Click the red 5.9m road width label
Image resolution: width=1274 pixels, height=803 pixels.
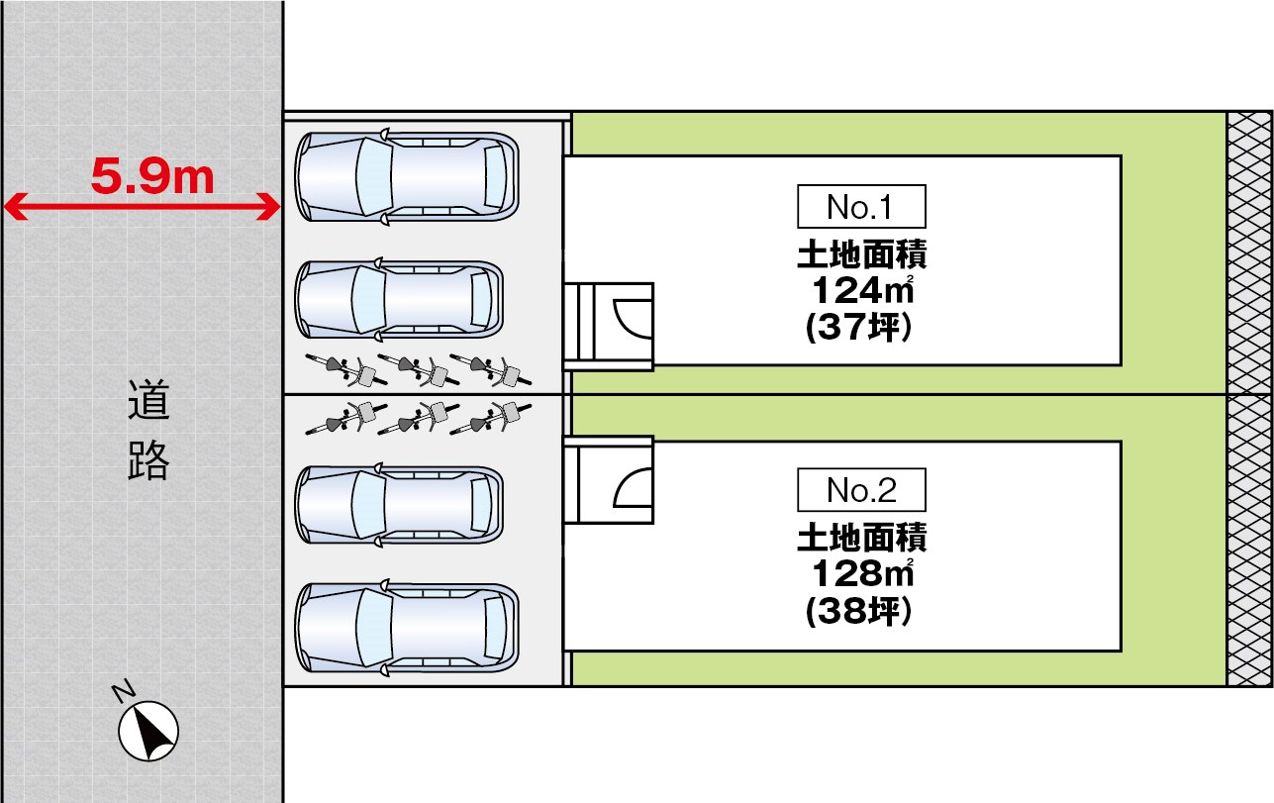tap(152, 176)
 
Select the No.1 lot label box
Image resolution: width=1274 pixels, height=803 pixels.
tap(861, 207)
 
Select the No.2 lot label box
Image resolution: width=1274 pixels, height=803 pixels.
tap(861, 490)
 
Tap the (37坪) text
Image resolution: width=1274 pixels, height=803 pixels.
tap(858, 328)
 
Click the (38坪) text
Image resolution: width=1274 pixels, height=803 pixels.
tap(858, 612)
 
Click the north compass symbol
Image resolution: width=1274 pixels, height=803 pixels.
tap(148, 732)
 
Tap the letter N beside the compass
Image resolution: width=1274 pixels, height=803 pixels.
tap(124, 691)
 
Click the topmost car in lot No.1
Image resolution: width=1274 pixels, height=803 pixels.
tap(407, 176)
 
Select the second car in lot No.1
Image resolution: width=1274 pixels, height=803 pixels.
tap(400, 300)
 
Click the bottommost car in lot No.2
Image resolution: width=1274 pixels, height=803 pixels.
tap(407, 629)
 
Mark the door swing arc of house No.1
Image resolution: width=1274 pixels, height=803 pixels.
tap(630, 317)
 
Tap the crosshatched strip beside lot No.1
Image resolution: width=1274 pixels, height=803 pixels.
tap(1249, 252)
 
